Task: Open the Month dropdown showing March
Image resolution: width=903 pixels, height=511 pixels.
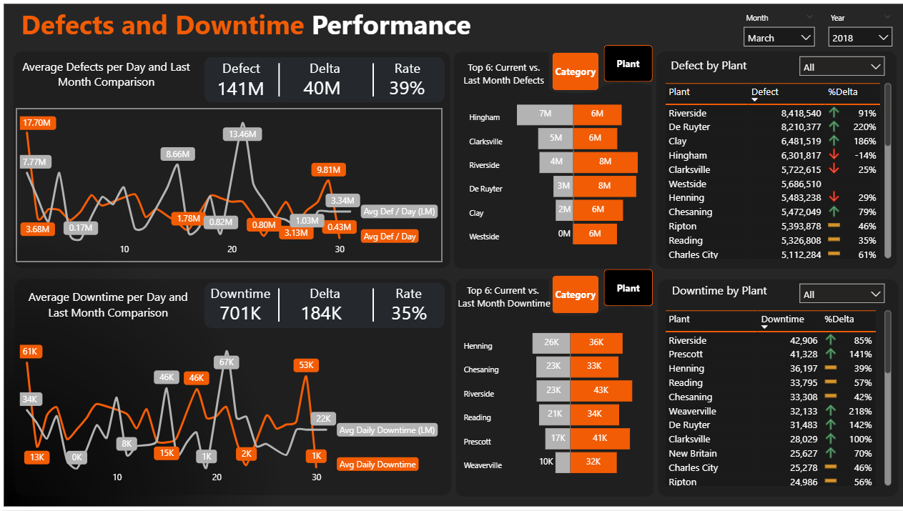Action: [x=779, y=38]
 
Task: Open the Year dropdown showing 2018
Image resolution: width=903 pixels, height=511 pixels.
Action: [x=860, y=38]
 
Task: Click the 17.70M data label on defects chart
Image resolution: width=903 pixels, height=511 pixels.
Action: [x=37, y=123]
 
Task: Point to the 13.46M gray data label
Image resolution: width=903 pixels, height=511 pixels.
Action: [x=243, y=134]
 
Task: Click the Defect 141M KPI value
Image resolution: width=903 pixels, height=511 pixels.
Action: [x=241, y=88]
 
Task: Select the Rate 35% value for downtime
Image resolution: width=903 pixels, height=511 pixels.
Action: [x=408, y=313]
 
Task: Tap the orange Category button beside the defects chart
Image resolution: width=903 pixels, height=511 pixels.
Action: [x=575, y=71]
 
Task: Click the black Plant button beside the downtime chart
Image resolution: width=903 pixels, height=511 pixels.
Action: [x=628, y=288]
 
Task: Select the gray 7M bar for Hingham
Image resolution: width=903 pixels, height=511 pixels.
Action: [x=544, y=114]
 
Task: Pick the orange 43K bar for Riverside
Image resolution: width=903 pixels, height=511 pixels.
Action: [x=601, y=390]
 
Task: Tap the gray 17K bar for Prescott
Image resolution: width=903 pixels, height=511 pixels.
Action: [x=557, y=438]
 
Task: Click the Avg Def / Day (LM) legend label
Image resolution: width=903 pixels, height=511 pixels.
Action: [x=399, y=212]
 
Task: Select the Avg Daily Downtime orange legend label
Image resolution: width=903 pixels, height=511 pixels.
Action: [x=378, y=465]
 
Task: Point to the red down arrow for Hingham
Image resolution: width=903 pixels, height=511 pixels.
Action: [x=833, y=155]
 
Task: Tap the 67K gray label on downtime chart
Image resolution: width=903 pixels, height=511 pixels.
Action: [x=227, y=362]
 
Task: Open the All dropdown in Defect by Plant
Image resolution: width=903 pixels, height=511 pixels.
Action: [x=842, y=67]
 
